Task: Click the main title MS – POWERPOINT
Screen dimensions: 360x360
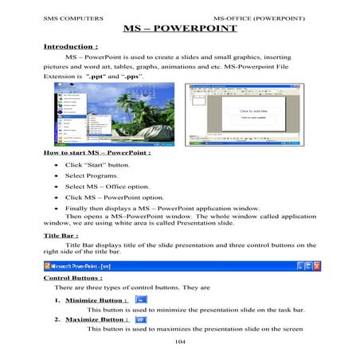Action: (181, 29)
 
